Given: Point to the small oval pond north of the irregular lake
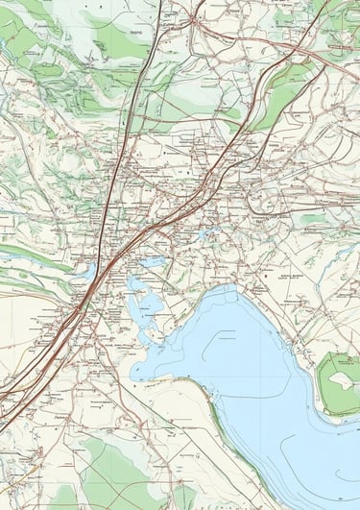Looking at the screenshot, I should [152, 261].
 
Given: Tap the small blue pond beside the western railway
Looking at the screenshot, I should [89, 273].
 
